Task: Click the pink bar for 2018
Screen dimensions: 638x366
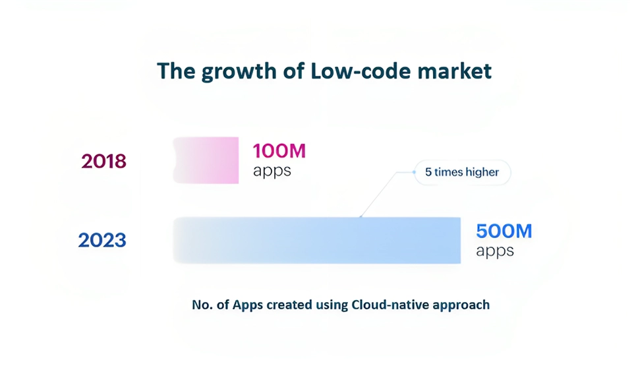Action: pyautogui.click(x=206, y=160)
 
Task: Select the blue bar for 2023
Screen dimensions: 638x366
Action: pyautogui.click(x=317, y=240)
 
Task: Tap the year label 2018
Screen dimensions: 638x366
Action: pyautogui.click(x=103, y=161)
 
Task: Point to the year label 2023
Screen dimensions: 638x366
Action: pyautogui.click(x=102, y=240)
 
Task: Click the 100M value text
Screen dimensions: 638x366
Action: pyautogui.click(x=279, y=150)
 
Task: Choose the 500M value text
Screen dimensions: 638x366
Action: pyautogui.click(x=504, y=231)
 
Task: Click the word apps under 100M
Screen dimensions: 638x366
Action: pyautogui.click(x=272, y=171)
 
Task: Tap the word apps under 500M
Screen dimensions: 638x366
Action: pyautogui.click(x=495, y=251)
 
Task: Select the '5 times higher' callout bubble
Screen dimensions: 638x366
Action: pyautogui.click(x=462, y=172)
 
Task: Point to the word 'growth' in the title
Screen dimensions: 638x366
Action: pyautogui.click(x=239, y=72)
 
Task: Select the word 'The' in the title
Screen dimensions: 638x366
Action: pyautogui.click(x=176, y=71)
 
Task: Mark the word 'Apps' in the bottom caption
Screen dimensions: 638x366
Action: pyautogui.click(x=248, y=305)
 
